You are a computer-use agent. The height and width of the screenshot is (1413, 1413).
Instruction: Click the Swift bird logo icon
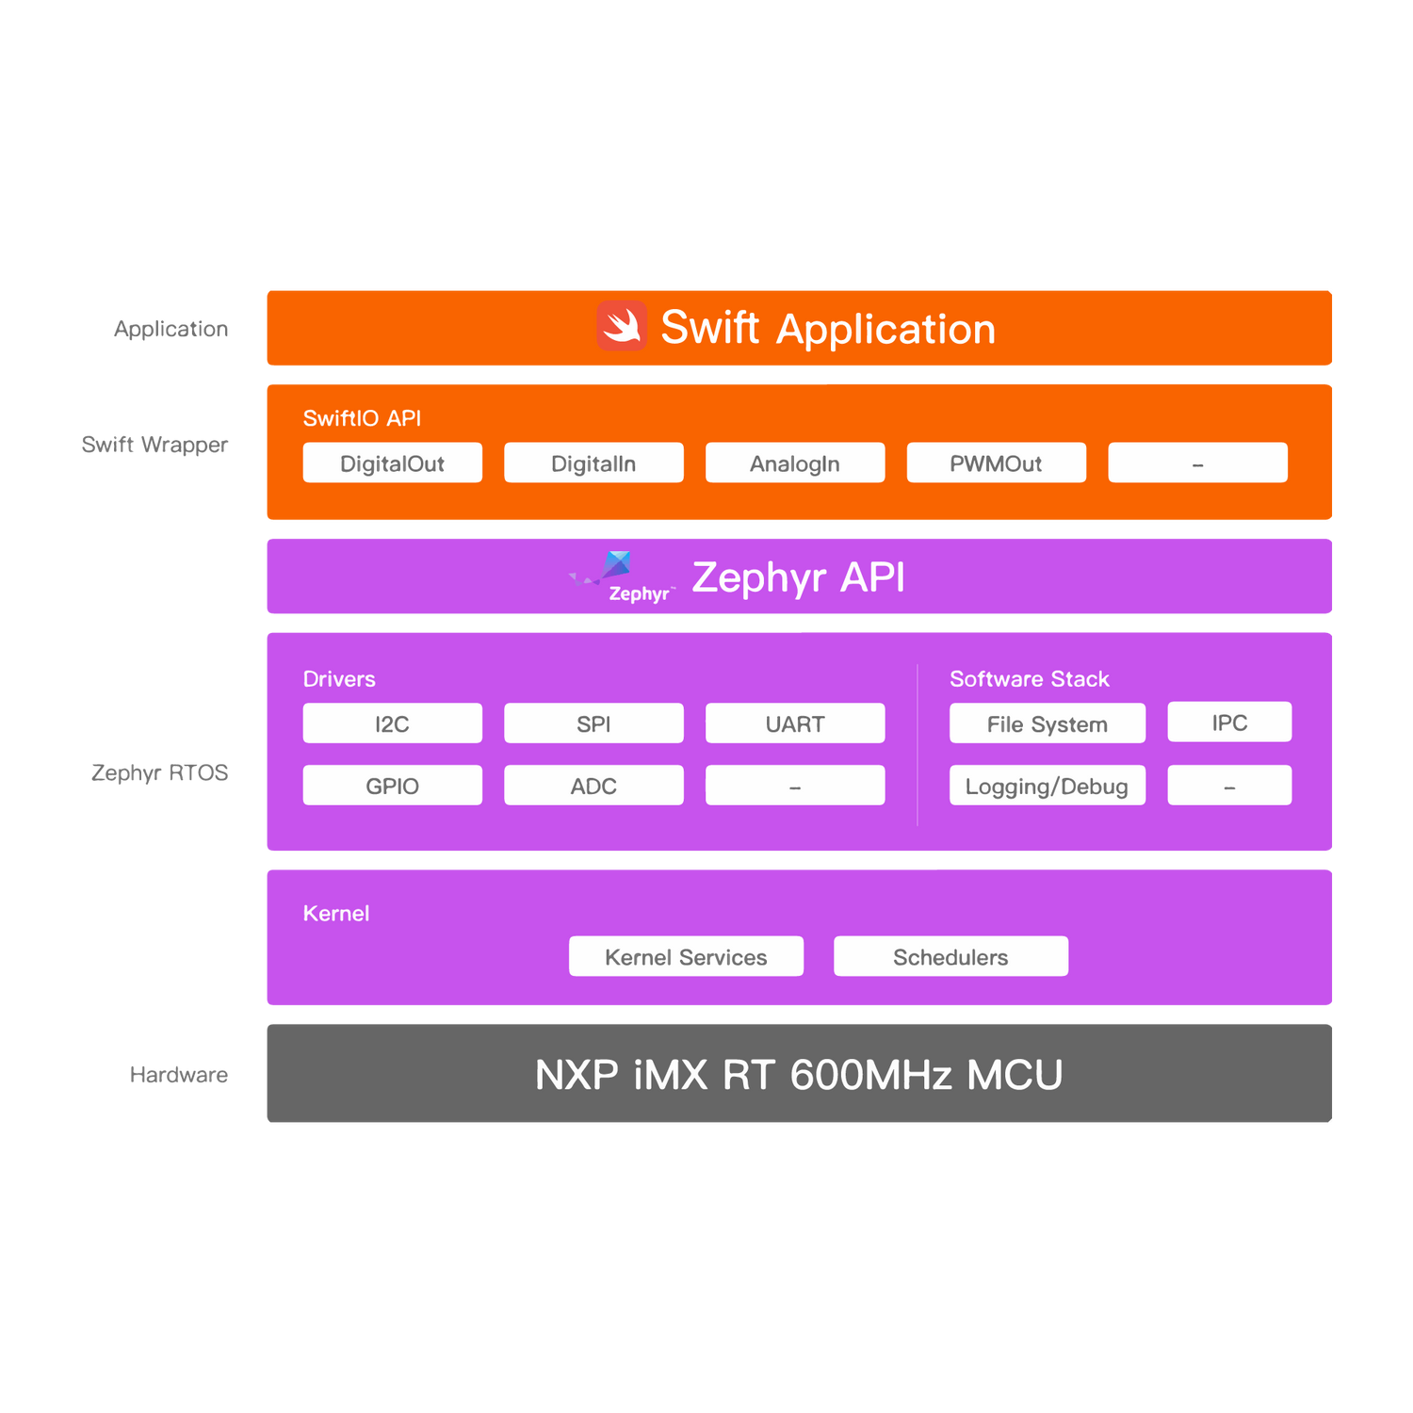coord(622,326)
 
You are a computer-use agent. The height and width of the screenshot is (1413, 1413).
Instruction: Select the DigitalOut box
coord(393,463)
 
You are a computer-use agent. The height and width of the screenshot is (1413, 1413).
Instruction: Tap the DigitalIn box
coord(593,463)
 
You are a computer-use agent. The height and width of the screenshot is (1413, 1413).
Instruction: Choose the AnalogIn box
coord(795,463)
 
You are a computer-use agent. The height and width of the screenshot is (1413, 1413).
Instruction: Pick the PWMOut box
coord(996,463)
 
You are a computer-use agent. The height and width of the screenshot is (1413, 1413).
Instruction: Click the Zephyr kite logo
coord(616,567)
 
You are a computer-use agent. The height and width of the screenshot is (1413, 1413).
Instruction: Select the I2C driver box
coord(393,723)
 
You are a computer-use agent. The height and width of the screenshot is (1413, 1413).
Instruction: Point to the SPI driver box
coord(593,723)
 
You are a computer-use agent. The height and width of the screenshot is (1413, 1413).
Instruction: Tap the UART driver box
coord(795,723)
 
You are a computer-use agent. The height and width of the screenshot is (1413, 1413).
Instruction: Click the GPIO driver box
coord(393,786)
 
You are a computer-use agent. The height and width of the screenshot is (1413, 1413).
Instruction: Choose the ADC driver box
coord(593,786)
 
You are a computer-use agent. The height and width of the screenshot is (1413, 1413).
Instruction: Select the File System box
coord(1048,723)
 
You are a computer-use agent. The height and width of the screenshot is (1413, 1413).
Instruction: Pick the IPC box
coord(1229,723)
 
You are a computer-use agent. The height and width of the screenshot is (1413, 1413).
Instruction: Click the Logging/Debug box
coord(1048,786)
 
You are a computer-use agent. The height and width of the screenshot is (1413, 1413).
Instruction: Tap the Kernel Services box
coord(686,956)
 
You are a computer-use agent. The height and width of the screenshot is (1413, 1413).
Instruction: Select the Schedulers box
coord(950,956)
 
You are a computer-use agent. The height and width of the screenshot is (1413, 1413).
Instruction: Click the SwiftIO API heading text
coord(362,418)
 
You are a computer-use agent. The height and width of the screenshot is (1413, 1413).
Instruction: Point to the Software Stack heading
coord(1029,679)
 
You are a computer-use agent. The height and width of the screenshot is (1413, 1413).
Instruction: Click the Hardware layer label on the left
coord(179,1074)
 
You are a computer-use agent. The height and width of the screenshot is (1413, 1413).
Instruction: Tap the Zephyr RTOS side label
coord(160,772)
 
